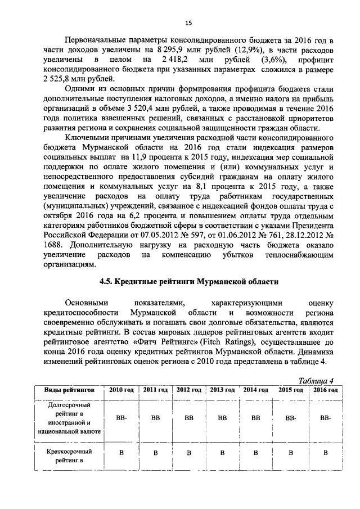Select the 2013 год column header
pos(222,390)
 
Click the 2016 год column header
pos(325,390)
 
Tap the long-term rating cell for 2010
pos(121,418)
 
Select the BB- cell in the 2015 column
pos(290,418)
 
